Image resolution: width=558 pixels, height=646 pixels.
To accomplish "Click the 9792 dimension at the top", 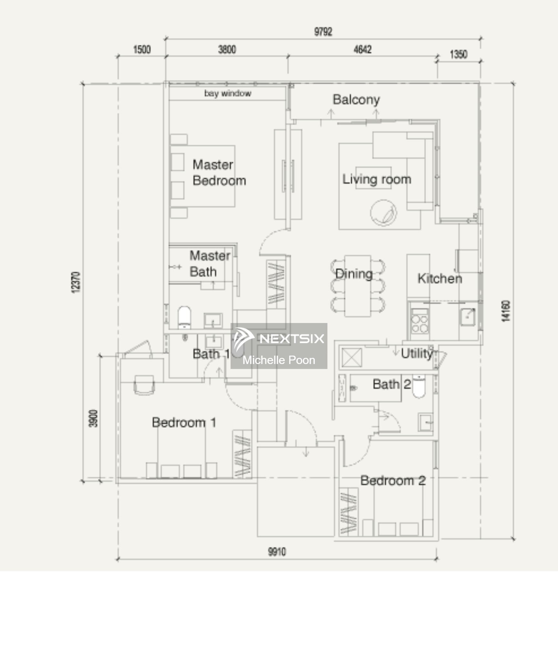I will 323,32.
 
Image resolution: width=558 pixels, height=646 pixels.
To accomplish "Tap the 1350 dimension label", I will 458,54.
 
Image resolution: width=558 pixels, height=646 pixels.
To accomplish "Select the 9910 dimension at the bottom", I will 277,552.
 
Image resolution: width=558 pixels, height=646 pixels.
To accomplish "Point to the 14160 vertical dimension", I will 506,311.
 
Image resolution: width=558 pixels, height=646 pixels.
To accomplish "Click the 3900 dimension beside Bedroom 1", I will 93,418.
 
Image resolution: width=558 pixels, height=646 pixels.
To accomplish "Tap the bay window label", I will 228,93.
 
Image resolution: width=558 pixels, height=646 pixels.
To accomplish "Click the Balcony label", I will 356,99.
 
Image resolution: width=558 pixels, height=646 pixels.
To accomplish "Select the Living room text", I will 376,179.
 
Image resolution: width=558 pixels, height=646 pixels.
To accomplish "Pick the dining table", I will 358,286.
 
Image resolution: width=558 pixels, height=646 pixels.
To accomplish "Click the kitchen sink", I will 467,317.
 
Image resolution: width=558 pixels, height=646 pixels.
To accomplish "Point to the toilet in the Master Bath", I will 184,317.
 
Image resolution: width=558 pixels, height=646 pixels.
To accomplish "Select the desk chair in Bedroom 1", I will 144,385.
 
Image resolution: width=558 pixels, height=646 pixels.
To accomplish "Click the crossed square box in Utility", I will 351,358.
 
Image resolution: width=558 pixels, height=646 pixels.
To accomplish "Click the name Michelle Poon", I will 279,360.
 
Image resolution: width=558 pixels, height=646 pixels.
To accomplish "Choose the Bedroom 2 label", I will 393,481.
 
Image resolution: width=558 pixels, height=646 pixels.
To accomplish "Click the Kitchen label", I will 440,278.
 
